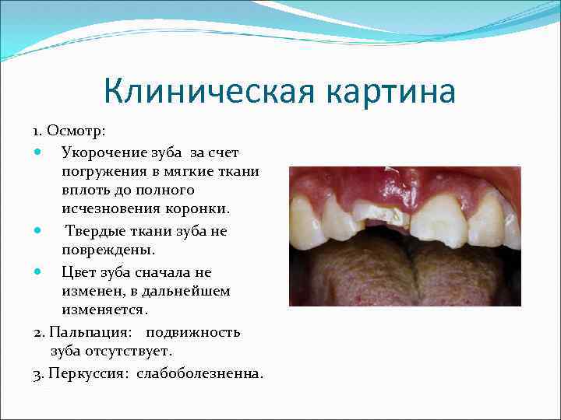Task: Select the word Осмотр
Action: click(x=80, y=130)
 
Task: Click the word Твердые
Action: click(x=95, y=231)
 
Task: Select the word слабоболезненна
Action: click(x=200, y=373)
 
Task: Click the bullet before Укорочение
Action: click(x=39, y=151)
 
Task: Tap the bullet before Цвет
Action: click(x=39, y=272)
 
